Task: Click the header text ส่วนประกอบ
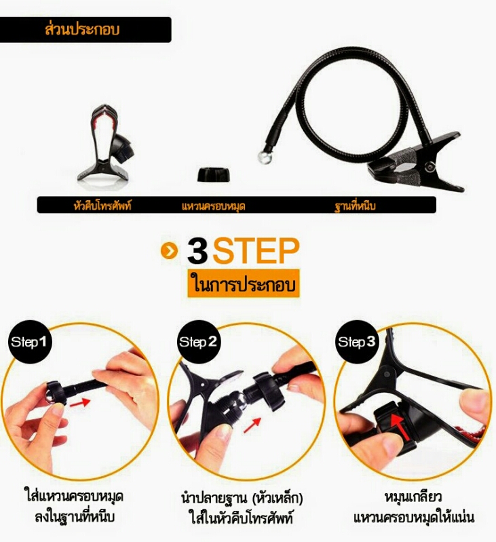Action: [82, 29]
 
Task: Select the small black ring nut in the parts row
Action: [214, 174]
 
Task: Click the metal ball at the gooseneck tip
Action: [265, 157]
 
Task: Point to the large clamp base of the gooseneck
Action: [415, 161]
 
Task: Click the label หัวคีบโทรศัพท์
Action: [102, 206]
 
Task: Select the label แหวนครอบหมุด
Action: [213, 206]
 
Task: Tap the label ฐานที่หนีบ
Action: [355, 206]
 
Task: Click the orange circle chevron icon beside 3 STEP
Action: [169, 250]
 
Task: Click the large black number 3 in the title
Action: [197, 250]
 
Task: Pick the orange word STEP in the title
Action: [256, 250]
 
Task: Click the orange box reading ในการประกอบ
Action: [244, 284]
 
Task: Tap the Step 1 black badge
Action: [30, 342]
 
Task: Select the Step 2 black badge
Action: [199, 342]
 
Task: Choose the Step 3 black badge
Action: [357, 342]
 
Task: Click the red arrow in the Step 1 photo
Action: [80, 403]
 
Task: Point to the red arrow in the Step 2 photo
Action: [252, 425]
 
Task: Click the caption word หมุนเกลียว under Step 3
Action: [413, 497]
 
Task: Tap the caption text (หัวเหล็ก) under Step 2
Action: [278, 498]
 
